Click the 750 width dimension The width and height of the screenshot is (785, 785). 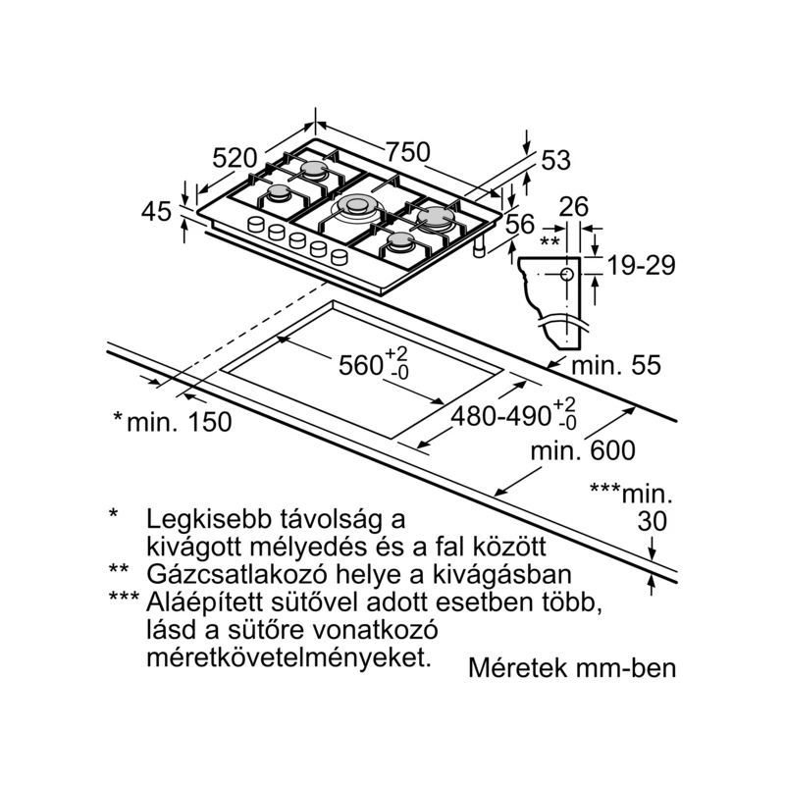408,152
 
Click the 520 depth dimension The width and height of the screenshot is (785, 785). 235,158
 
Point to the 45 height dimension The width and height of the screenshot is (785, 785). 156,211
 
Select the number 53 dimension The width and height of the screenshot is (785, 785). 555,161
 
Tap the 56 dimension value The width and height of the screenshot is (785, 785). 520,224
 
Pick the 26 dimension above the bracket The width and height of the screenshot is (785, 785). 574,206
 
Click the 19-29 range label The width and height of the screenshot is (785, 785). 642,265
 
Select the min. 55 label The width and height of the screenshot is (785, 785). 616,365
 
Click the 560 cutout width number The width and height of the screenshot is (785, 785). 361,365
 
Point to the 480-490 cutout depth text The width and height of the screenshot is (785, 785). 501,415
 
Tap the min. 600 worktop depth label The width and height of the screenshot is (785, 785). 583,450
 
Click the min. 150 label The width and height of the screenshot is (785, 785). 180,422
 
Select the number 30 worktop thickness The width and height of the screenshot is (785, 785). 653,522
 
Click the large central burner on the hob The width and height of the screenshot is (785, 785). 356,205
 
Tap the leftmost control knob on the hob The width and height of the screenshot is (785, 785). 256,224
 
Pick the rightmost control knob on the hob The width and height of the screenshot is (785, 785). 340,257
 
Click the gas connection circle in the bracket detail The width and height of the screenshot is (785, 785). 567,274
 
